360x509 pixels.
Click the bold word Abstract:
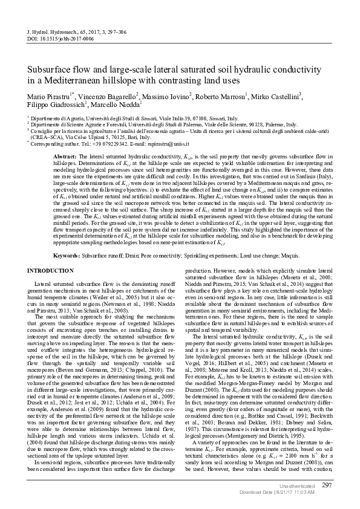[66, 157]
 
